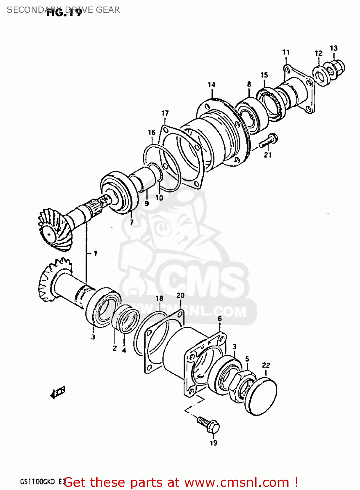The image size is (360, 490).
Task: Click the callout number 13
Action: [333, 48]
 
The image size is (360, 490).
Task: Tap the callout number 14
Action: [211, 85]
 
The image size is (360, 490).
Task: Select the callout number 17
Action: [165, 113]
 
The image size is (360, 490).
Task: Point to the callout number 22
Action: [266, 365]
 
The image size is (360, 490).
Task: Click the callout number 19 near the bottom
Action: [213, 443]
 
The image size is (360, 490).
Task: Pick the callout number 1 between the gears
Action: [95, 253]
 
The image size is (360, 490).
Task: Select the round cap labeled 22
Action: [261, 397]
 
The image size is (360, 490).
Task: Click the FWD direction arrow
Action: [58, 392]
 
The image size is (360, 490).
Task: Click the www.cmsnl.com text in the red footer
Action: [237, 482]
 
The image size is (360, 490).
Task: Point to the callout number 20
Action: [180, 295]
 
